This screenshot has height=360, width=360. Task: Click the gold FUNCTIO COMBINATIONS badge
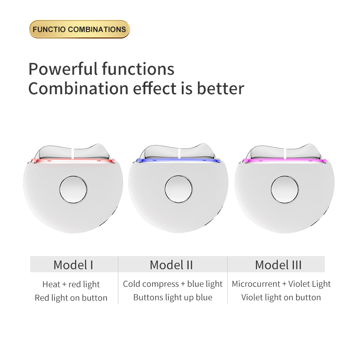[79, 29]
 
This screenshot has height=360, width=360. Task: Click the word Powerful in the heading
[61, 69]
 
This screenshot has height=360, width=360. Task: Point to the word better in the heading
[221, 88]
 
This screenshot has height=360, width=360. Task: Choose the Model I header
[73, 265]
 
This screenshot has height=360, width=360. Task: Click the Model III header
[278, 265]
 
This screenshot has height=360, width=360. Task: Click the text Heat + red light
[71, 284]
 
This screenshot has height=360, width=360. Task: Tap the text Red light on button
[71, 298]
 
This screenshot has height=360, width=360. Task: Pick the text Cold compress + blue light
[173, 284]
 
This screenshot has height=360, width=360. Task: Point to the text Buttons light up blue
[173, 297]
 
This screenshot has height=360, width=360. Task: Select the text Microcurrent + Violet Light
[281, 284]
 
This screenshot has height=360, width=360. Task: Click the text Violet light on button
[281, 297]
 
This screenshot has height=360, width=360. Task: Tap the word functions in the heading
[138, 69]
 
